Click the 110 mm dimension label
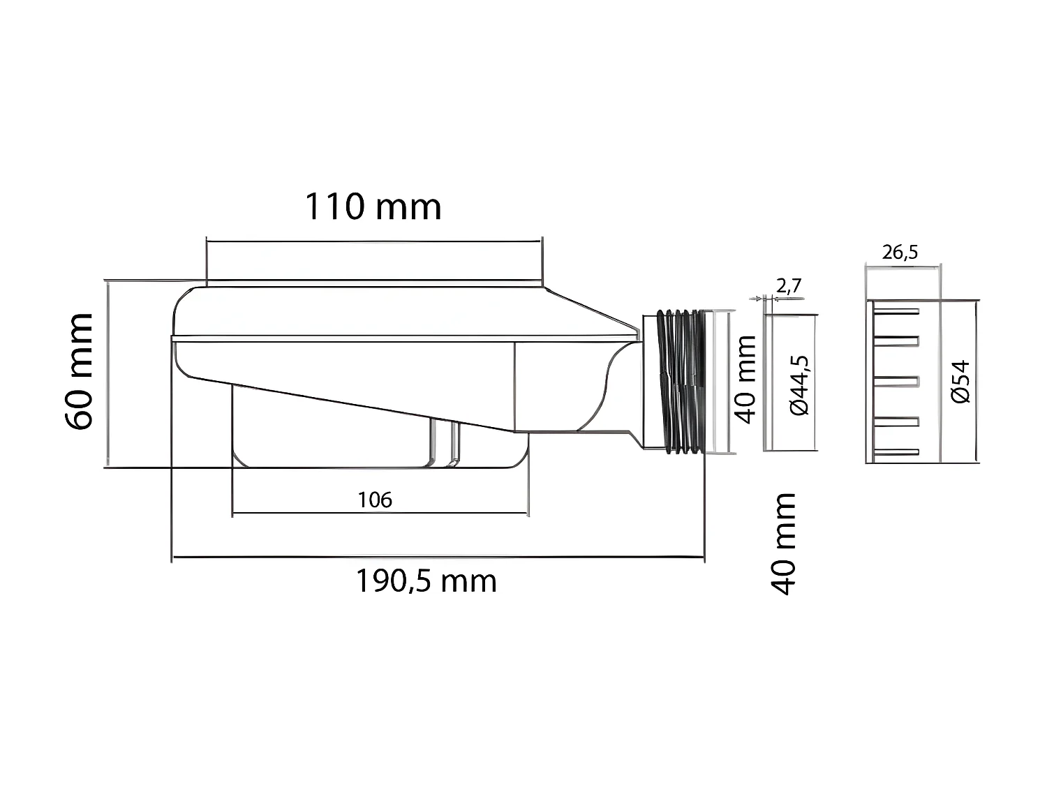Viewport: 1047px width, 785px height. (373, 207)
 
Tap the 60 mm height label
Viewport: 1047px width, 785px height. (78, 371)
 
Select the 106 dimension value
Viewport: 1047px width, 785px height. (375, 500)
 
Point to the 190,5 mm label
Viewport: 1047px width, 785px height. (426, 581)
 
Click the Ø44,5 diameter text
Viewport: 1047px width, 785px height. (799, 385)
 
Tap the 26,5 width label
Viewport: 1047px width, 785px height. (900, 252)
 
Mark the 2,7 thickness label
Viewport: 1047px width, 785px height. (789, 285)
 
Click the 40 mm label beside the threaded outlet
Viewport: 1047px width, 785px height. (746, 379)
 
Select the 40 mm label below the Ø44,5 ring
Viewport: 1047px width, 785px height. (783, 544)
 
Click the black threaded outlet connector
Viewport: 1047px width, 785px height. (681, 382)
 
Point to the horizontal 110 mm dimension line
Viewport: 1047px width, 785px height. (373, 241)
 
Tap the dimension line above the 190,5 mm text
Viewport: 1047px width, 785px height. (438, 557)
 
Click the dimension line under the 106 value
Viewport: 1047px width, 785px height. (380, 513)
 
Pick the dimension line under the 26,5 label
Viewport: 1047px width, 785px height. (902, 265)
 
